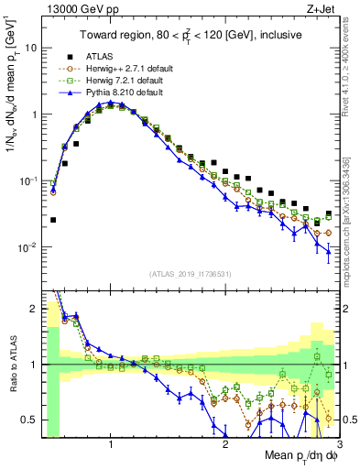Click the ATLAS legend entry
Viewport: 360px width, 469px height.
click(x=108, y=56)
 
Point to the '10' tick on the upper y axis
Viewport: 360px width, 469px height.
click(x=32, y=48)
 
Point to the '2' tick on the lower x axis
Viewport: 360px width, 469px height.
click(x=225, y=445)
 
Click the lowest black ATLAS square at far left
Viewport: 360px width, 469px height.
click(x=53, y=220)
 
